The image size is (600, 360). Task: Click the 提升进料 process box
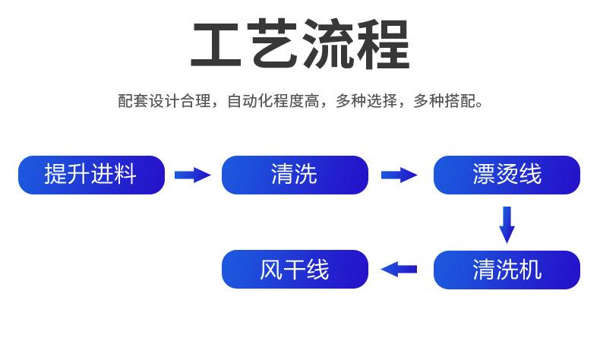[x=91, y=175]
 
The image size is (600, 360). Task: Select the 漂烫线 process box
[x=507, y=175]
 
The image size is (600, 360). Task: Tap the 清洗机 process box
[x=507, y=270]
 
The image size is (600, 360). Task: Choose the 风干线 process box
[x=295, y=270]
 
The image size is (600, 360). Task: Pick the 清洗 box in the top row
[x=295, y=175]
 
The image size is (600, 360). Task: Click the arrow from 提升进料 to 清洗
[x=192, y=175]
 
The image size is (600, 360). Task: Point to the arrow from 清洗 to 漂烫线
[x=399, y=175]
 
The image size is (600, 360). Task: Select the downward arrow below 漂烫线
[x=507, y=225]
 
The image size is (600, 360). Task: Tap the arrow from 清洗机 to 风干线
[x=399, y=270]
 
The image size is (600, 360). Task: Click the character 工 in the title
[x=216, y=44]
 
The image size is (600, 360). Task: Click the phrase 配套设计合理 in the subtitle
[x=164, y=101]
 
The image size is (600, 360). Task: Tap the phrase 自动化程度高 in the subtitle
[x=273, y=101]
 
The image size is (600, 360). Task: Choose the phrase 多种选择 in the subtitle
[x=366, y=101]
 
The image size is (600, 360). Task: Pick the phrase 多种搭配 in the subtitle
[x=444, y=101]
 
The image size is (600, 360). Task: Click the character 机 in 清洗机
[x=530, y=270]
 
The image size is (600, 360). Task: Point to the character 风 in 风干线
[x=271, y=270]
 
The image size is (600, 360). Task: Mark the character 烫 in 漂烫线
[x=507, y=175]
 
